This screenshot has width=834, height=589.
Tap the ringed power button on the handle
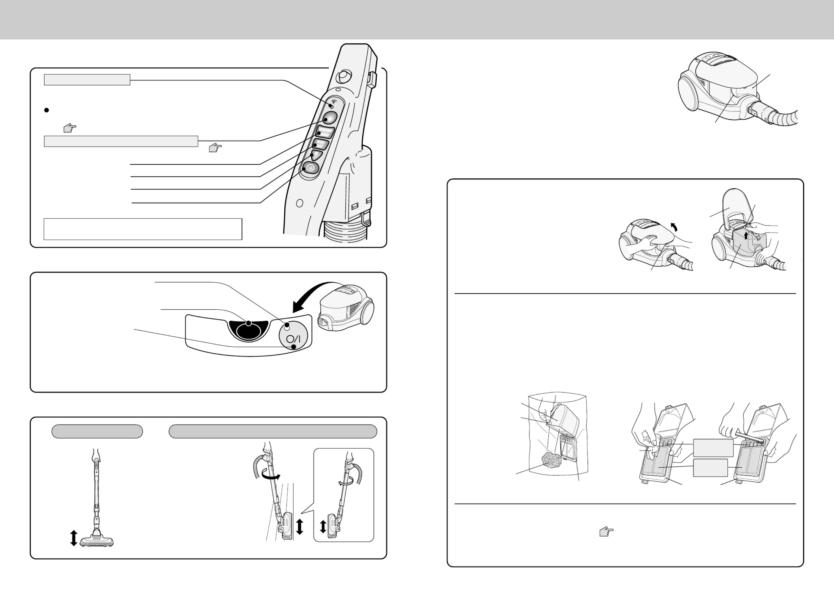pos(310,168)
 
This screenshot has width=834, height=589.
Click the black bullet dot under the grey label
pos(46,110)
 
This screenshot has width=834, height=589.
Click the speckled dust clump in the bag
pos(552,460)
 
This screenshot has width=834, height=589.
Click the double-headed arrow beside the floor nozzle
pos(73,538)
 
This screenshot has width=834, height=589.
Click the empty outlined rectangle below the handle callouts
pos(143,229)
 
